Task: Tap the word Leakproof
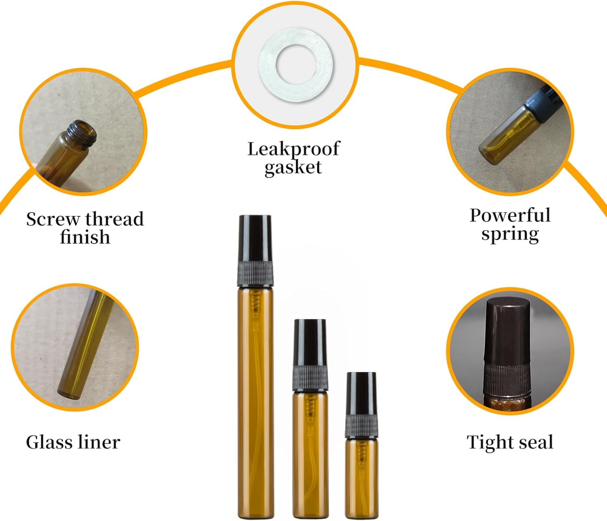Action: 293,149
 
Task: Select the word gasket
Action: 293,167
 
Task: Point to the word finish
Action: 85,237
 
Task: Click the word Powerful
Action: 510,215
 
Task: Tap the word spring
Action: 510,234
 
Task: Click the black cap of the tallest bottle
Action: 255,239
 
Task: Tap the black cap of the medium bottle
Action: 310,341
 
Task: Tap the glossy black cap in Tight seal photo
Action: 507,328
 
